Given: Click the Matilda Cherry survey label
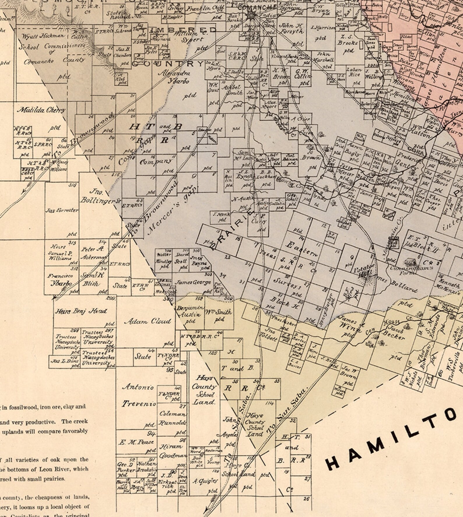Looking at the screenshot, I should pyautogui.click(x=41, y=110).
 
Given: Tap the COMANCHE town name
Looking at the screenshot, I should pyautogui.click(x=257, y=7).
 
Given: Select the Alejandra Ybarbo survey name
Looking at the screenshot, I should pyautogui.click(x=174, y=77).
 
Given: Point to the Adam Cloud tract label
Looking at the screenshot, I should pyautogui.click(x=148, y=322).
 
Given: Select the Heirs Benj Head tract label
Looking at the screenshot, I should pyautogui.click(x=81, y=311).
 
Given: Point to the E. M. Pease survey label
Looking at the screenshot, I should pyautogui.click(x=136, y=442).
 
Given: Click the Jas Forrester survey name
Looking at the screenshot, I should pyautogui.click(x=62, y=210).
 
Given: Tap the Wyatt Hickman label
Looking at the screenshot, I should pyautogui.click(x=43, y=36).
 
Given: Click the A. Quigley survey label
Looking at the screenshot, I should pyautogui.click(x=205, y=481).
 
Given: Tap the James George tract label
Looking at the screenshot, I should pyautogui.click(x=193, y=282).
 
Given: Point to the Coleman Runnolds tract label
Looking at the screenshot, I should pyautogui.click(x=173, y=418).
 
